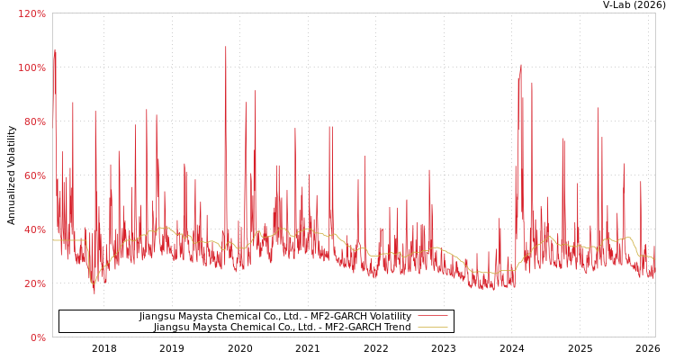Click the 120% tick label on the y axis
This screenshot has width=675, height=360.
point(31,13)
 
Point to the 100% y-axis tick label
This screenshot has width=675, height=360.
point(31,67)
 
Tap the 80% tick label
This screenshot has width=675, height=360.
point(34,121)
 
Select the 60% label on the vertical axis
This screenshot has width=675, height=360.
point(34,175)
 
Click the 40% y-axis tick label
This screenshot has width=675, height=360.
point(34,229)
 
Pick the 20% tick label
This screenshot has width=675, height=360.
point(34,283)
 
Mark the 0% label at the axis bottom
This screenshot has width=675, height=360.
point(38,337)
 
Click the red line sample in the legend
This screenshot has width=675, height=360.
point(432,316)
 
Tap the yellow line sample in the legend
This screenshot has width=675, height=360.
point(432,327)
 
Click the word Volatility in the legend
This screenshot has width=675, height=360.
point(388,316)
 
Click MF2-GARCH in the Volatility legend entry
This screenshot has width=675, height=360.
point(333,316)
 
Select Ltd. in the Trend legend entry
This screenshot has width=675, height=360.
point(301,327)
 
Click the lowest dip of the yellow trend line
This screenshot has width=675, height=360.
point(93,283)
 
